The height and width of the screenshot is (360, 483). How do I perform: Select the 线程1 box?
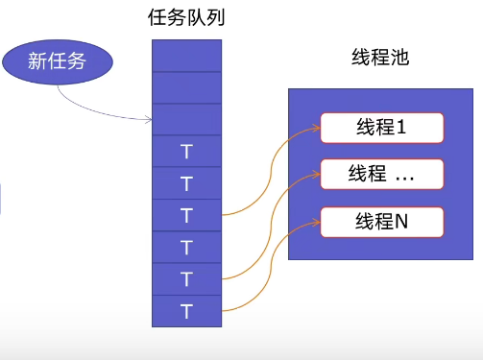[x=381, y=127]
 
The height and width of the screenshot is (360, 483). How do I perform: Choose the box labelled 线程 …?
[x=381, y=174]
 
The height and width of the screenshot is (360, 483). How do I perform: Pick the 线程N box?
[x=381, y=222]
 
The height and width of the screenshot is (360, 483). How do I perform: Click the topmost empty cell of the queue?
[x=186, y=55]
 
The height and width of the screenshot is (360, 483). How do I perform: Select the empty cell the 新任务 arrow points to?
[x=186, y=119]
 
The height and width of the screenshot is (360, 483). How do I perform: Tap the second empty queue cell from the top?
[x=186, y=87]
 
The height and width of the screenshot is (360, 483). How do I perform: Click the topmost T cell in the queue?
[x=186, y=151]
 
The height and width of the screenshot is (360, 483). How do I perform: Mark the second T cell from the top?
[x=186, y=182]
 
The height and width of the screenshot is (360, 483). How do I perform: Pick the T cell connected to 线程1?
[x=186, y=214]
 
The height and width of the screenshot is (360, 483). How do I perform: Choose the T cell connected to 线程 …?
[x=186, y=278]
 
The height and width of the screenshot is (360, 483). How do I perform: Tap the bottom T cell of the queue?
[x=186, y=310]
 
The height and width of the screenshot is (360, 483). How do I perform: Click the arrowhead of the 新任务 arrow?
[x=149, y=120]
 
